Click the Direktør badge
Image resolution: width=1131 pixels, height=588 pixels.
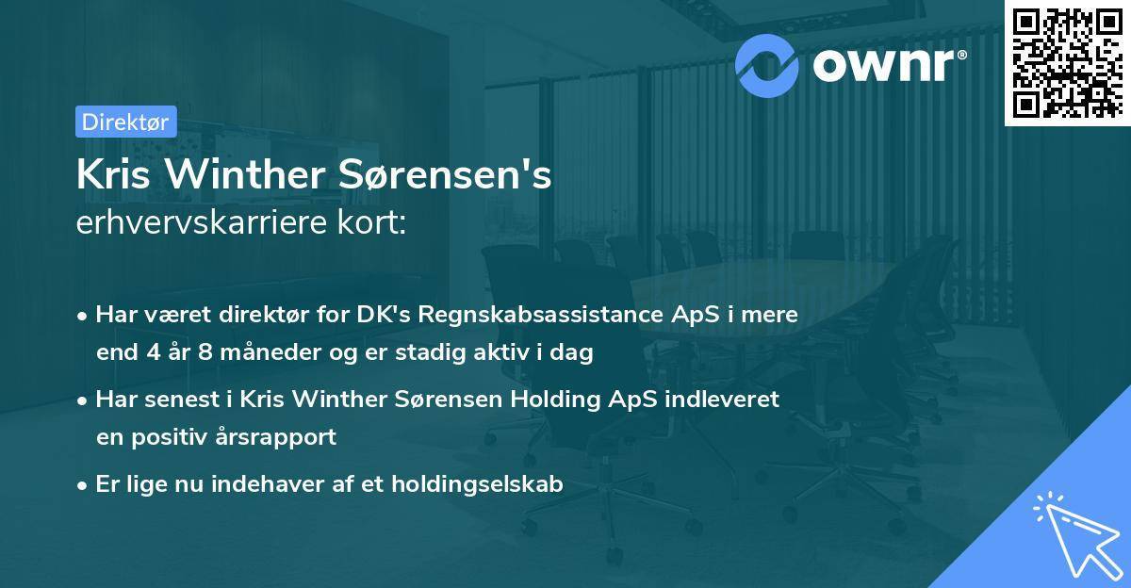[126, 122]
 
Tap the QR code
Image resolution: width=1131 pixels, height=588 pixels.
[1067, 62]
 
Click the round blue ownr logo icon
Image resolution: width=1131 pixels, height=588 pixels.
[766, 66]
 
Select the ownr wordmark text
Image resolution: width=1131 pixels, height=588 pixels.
[890, 65]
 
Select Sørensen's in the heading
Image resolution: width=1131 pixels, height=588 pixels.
[445, 174]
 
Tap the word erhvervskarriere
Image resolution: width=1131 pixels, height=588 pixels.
[202, 222]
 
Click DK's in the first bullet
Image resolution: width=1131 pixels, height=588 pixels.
[384, 314]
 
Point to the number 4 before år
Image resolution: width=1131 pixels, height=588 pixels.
[154, 352]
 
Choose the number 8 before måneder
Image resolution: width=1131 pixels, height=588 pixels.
[205, 352]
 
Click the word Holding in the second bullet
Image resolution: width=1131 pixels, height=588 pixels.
[555, 400]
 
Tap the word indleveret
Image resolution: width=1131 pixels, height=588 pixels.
[723, 399]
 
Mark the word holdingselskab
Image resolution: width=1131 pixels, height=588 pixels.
[477, 484]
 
